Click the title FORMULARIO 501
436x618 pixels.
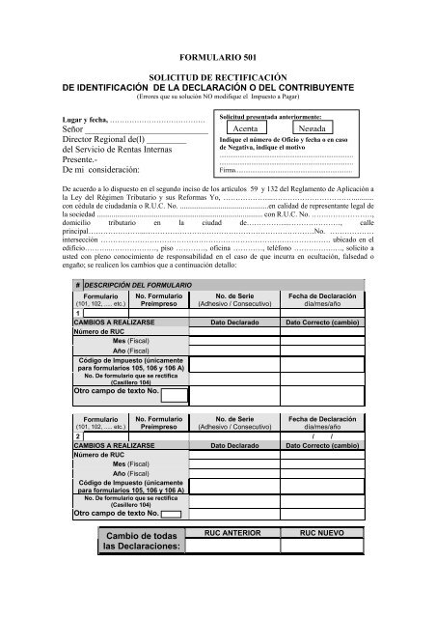pyautogui.click(x=218, y=59)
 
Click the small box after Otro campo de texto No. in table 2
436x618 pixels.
pyautogui.click(x=174, y=515)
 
